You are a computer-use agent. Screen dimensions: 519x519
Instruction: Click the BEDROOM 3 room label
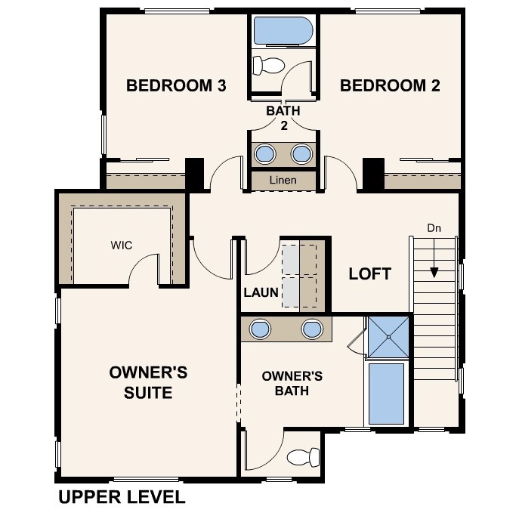(x=176, y=85)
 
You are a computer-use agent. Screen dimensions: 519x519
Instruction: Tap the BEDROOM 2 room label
(x=390, y=85)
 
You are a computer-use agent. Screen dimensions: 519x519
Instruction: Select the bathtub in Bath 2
(x=283, y=32)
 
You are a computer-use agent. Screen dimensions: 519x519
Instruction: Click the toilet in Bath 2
(x=265, y=64)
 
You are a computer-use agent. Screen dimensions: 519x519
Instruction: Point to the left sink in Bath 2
(x=265, y=153)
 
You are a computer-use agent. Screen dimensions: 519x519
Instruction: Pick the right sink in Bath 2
(x=301, y=153)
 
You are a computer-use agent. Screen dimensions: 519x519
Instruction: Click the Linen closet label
(x=283, y=181)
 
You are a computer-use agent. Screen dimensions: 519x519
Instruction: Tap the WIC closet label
(x=122, y=246)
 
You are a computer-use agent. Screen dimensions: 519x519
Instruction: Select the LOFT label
(x=370, y=273)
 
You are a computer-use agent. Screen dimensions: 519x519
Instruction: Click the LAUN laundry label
(x=261, y=292)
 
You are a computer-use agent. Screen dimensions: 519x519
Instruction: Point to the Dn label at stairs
(x=434, y=227)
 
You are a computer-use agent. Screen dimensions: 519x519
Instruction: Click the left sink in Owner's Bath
(x=260, y=329)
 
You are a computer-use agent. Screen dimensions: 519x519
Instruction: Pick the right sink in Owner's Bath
(x=312, y=329)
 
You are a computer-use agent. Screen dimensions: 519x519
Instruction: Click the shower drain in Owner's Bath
(x=389, y=337)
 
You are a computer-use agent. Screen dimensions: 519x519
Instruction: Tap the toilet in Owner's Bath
(x=304, y=456)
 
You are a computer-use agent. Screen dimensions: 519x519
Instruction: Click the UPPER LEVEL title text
(x=121, y=497)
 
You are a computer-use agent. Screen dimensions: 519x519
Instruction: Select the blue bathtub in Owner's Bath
(x=386, y=393)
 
